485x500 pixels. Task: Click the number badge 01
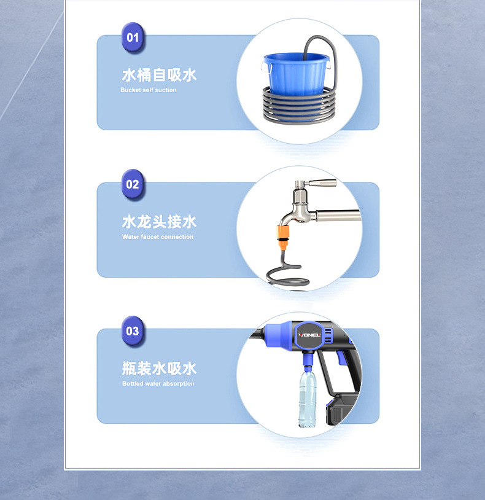tap(133, 37)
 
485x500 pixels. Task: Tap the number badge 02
tap(133, 184)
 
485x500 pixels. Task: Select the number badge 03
tap(133, 331)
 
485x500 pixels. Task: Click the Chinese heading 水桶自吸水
tap(159, 76)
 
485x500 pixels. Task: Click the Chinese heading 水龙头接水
tap(159, 222)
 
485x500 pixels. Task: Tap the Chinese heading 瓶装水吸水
tap(159, 369)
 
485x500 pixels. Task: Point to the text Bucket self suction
tap(149, 90)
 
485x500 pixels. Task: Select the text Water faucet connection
tap(158, 237)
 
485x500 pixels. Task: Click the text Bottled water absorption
tap(158, 384)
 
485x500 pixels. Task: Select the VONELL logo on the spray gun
tap(309, 335)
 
